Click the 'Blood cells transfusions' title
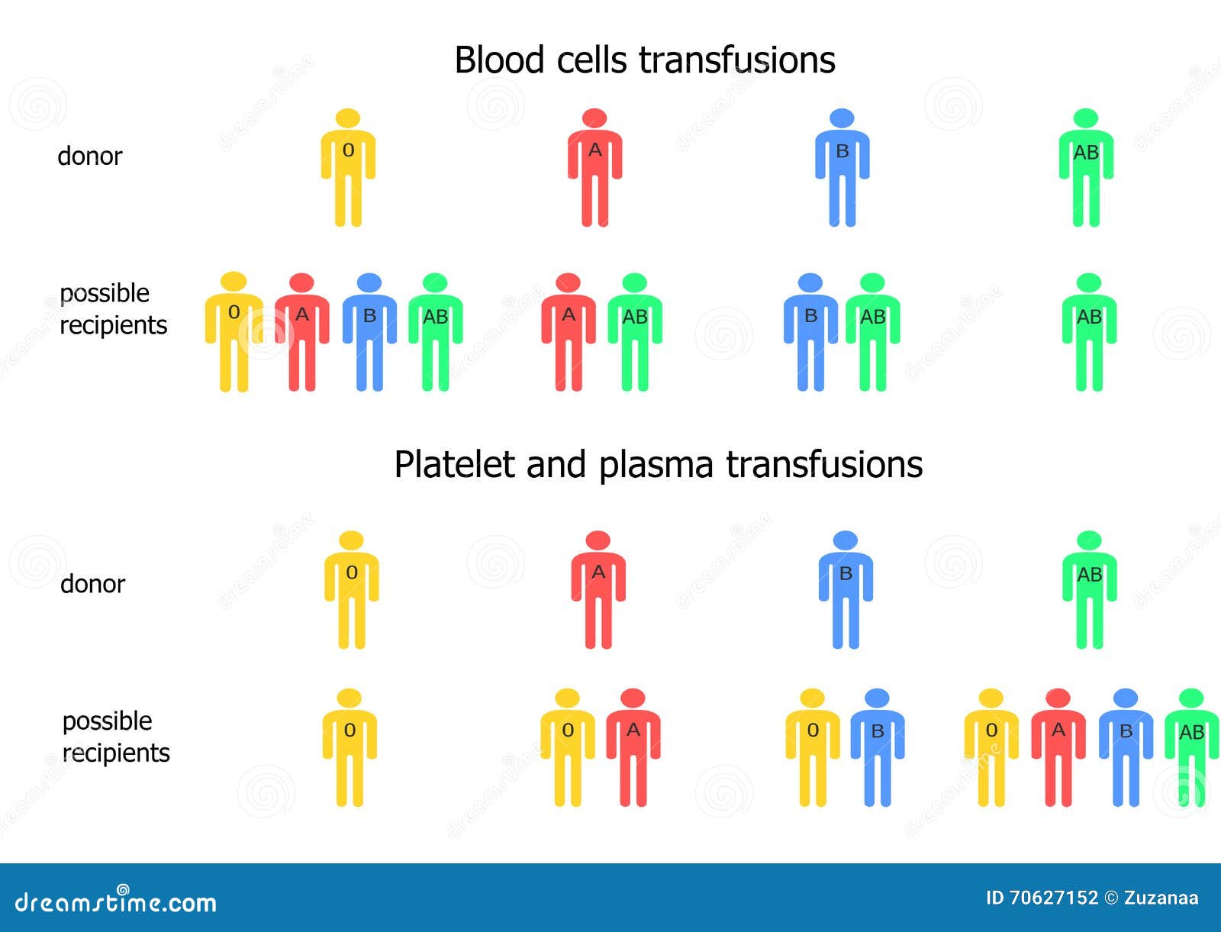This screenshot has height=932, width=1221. point(644,60)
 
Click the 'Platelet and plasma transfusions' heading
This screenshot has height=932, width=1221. point(658,465)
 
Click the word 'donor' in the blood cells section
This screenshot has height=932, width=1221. point(90,156)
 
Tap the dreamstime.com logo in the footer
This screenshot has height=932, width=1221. point(116,901)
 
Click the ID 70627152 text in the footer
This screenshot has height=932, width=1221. point(1042,898)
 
